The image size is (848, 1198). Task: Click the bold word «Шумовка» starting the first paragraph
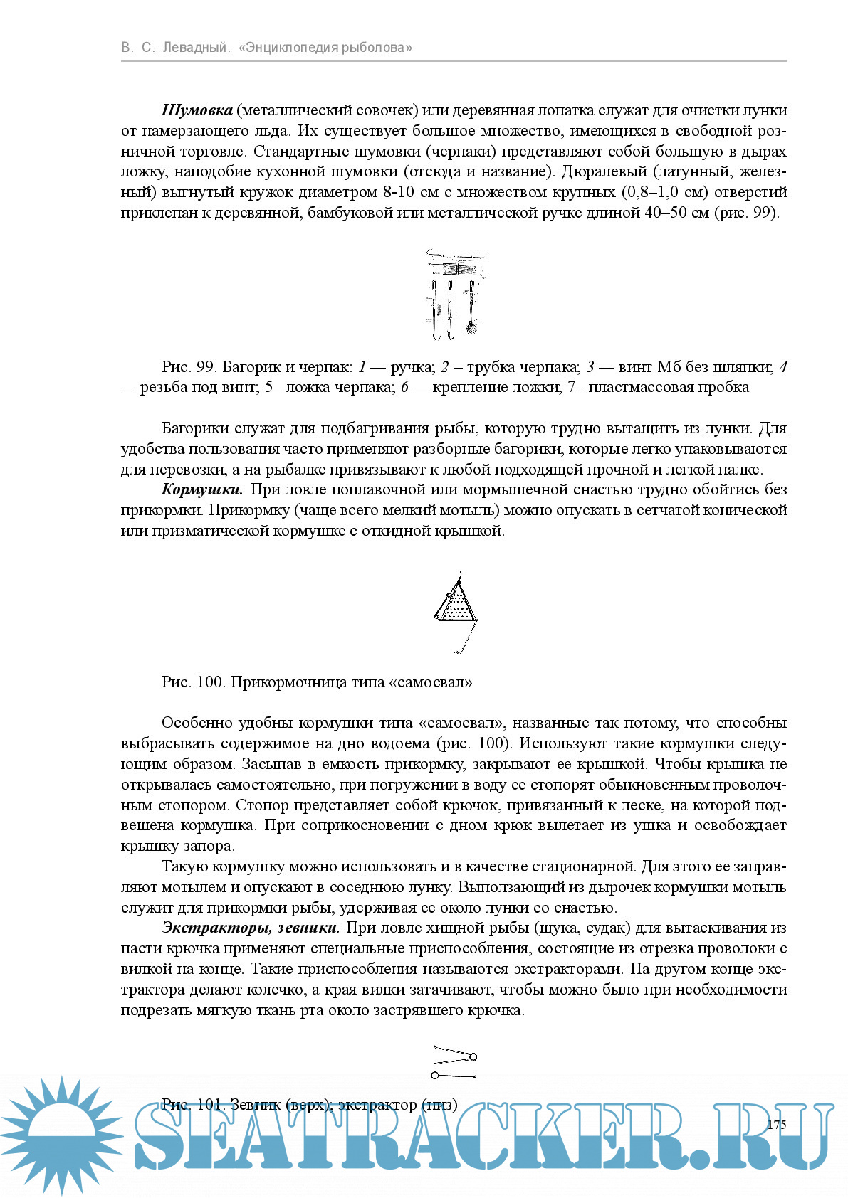click(197, 110)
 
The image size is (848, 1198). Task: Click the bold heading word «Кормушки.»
click(202, 489)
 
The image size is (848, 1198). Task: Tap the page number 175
click(777, 1124)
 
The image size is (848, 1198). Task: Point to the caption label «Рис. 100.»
click(194, 682)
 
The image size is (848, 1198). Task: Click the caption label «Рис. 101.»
click(194, 1105)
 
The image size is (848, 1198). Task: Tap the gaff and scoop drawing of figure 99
click(454, 295)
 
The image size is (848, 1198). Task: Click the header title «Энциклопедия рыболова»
click(325, 48)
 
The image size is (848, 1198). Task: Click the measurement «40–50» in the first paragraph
click(665, 213)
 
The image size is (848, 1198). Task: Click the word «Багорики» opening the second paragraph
click(195, 428)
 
